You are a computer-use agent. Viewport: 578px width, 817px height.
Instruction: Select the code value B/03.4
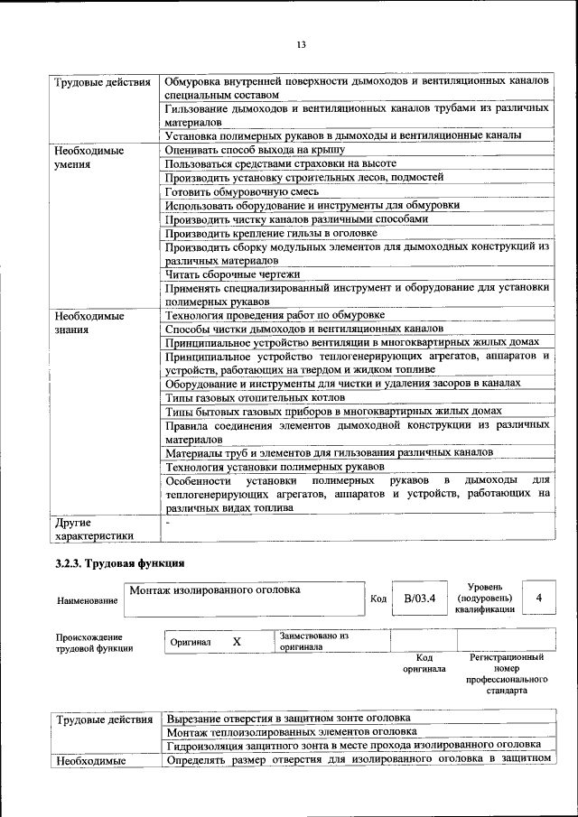(419, 598)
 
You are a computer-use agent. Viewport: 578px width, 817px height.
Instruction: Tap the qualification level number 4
(539, 598)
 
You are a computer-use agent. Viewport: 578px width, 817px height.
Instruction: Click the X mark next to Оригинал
(237, 641)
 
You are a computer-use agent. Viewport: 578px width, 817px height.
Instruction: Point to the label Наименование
(87, 600)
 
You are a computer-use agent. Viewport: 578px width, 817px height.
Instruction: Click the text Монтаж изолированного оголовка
(215, 590)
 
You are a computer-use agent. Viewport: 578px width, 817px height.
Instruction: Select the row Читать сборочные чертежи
(232, 274)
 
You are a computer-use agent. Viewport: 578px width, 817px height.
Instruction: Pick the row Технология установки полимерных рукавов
(275, 466)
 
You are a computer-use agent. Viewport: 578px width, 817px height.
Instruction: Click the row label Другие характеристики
(94, 528)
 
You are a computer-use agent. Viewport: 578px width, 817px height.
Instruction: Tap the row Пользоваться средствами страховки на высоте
(281, 163)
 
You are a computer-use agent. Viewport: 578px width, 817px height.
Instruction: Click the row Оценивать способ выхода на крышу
(255, 150)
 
